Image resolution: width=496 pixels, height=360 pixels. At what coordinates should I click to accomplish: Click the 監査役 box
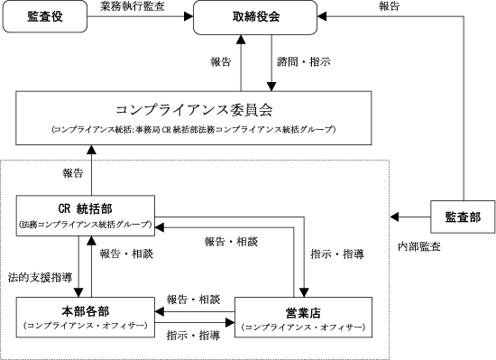click(x=45, y=16)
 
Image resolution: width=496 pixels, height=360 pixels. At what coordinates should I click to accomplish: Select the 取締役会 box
click(x=255, y=17)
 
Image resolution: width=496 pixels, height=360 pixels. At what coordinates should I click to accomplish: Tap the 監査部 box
click(x=463, y=217)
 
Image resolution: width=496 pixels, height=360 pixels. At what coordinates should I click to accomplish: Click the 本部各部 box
click(x=86, y=318)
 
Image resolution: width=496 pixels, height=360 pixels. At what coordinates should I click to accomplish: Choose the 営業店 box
click(x=303, y=318)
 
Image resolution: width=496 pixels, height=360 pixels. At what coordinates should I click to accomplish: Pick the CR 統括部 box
click(x=86, y=216)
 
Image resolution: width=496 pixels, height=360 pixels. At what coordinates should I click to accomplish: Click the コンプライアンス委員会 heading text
click(x=194, y=110)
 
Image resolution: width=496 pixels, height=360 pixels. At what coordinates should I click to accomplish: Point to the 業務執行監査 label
click(x=133, y=6)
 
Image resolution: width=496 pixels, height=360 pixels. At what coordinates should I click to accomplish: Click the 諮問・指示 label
click(x=304, y=61)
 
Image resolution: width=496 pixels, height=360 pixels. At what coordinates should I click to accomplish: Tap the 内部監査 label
click(x=419, y=246)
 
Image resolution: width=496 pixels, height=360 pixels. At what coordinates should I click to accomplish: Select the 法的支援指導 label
click(x=41, y=277)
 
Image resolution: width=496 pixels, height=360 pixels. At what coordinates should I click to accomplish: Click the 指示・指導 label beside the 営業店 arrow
click(x=337, y=254)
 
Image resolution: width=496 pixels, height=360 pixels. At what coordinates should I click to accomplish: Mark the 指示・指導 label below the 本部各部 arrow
click(x=193, y=336)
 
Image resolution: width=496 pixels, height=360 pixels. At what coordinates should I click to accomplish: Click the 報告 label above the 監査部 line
click(x=389, y=6)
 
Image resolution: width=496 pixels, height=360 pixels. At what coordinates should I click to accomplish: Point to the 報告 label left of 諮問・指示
click(x=220, y=61)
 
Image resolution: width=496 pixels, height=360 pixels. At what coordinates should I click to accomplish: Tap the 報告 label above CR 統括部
click(x=73, y=173)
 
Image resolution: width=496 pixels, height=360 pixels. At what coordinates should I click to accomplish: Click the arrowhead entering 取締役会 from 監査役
click(x=188, y=16)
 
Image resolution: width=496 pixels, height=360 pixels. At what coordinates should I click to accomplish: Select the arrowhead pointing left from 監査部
click(x=394, y=217)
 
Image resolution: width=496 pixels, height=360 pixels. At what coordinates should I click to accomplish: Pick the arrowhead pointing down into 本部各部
click(x=78, y=292)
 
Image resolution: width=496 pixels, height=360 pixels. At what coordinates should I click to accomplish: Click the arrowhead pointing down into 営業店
click(x=304, y=292)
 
